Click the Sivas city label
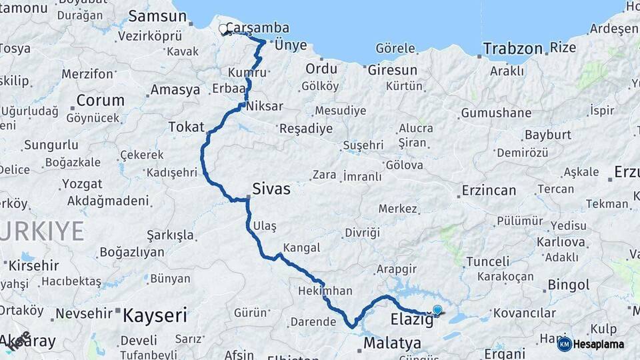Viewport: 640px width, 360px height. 271,189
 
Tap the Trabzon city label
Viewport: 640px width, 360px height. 513,48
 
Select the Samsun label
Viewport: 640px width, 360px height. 157,16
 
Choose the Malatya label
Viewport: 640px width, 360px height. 393,343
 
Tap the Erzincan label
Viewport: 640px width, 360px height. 489,191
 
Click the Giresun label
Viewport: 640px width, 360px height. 392,69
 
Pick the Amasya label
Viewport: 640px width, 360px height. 175,89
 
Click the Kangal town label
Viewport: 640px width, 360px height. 301,247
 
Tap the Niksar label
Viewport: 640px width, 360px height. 265,106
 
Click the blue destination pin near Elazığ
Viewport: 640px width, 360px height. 437,310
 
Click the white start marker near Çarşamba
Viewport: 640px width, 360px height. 223,29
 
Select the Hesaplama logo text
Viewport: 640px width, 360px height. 599,345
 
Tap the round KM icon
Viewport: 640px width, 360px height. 564,344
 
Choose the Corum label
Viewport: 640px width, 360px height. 101,100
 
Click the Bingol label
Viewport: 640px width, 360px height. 568,285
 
